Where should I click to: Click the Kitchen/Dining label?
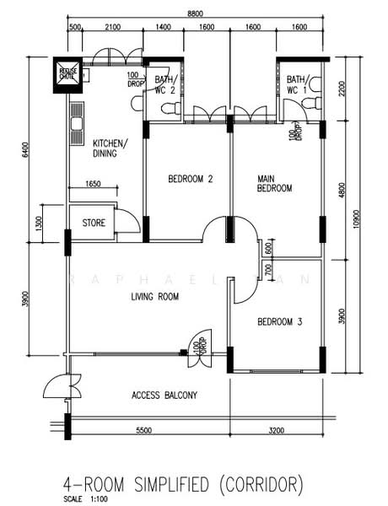click(110, 148)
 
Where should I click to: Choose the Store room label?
click(94, 223)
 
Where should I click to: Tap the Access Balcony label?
click(164, 395)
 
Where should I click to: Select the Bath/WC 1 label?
click(298, 84)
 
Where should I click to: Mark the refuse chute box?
click(67, 73)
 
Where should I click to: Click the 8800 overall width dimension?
click(195, 14)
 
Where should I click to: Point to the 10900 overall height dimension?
click(357, 217)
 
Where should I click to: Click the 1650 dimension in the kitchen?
click(94, 184)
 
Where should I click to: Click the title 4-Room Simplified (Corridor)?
click(181, 484)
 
